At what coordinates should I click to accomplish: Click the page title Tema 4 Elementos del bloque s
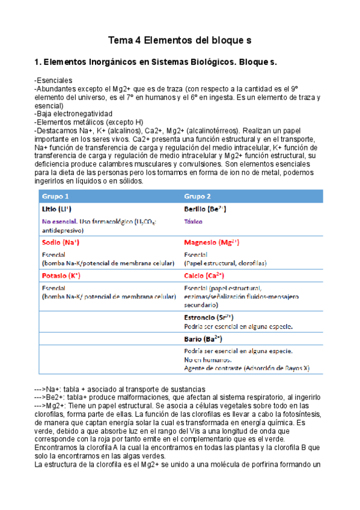tap(179, 40)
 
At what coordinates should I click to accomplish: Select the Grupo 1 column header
tap(55, 197)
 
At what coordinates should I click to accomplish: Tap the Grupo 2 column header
tap(198, 197)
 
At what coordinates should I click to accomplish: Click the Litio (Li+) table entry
tap(57, 209)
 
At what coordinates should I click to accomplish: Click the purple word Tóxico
tap(194, 221)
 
